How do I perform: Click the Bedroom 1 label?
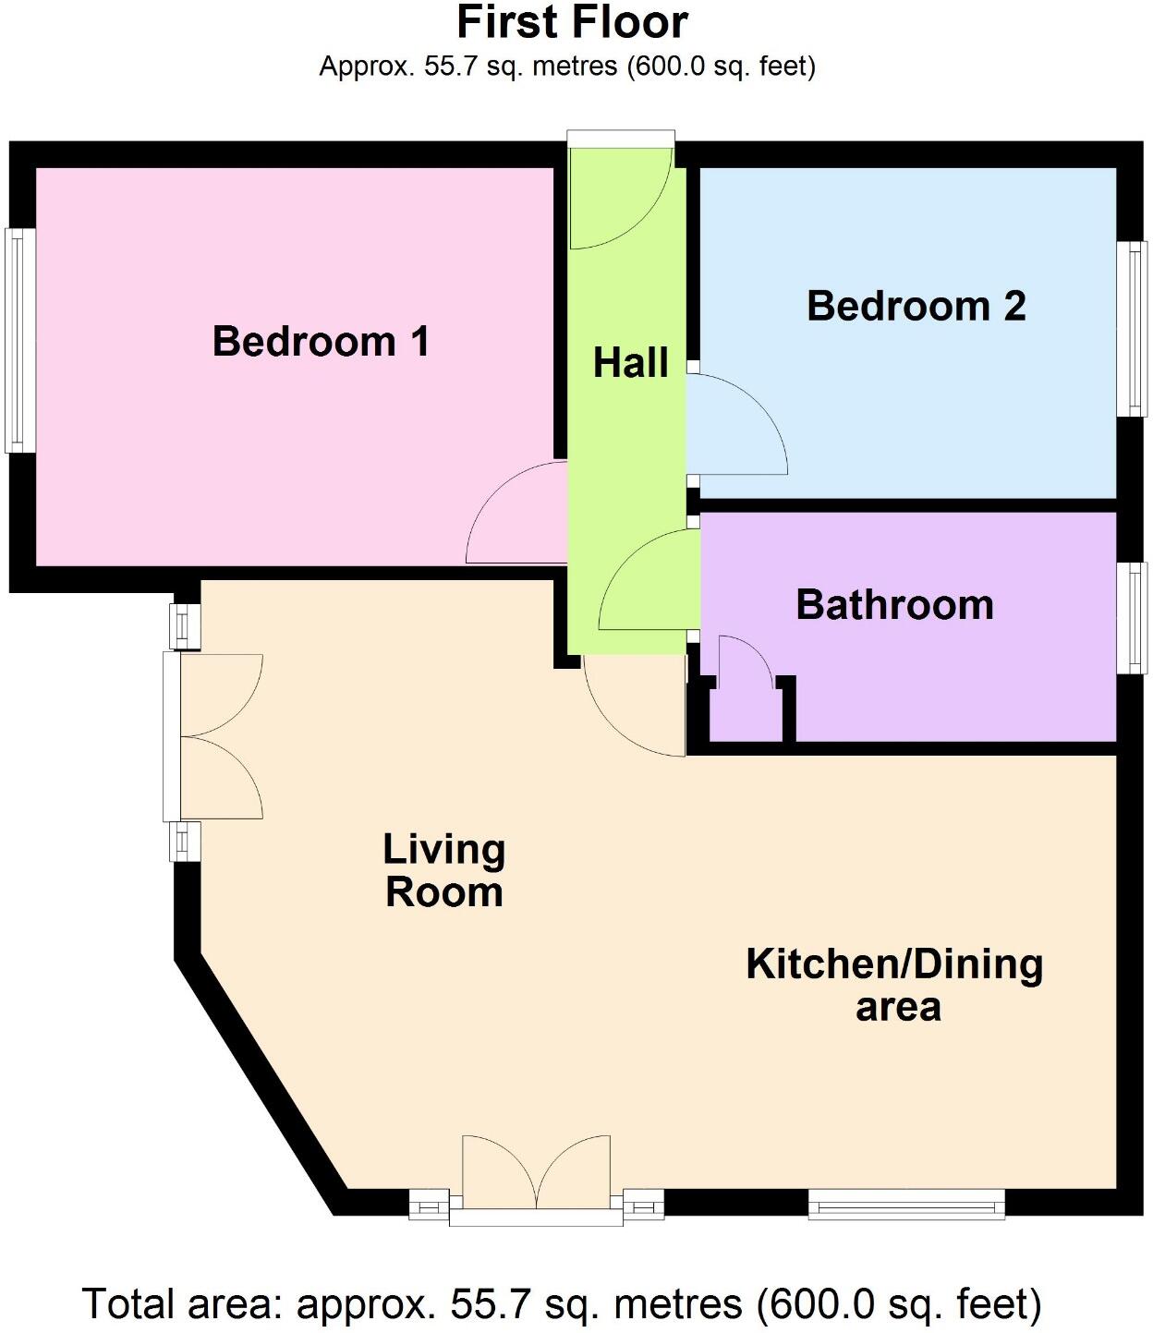point(321,341)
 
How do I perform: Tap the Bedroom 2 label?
point(916,306)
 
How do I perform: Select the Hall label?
point(630,363)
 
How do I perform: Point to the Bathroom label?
point(894,605)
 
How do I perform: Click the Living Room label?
point(444,870)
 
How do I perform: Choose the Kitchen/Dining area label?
point(894,984)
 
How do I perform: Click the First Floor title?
point(572,22)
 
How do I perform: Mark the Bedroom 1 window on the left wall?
point(20,340)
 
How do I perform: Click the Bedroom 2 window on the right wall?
point(1131,329)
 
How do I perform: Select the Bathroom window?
point(1131,618)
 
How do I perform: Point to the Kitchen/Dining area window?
point(905,1204)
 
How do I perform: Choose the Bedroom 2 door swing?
point(734,425)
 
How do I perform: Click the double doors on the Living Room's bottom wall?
point(536,1173)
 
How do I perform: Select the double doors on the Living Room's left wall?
point(218,736)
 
